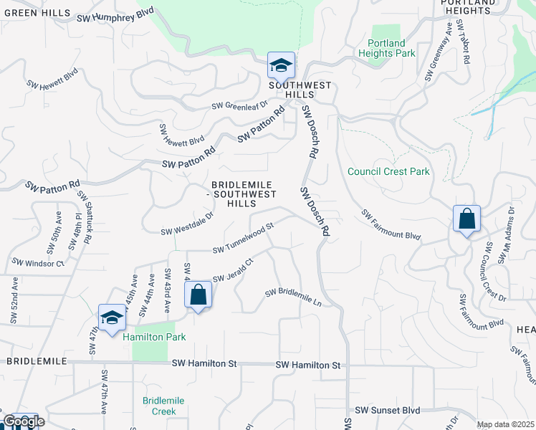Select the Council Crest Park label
pyautogui.click(x=388, y=172)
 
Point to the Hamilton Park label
pyautogui.click(x=154, y=337)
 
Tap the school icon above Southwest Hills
pyautogui.click(x=281, y=66)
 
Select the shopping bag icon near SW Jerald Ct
pyautogui.click(x=198, y=295)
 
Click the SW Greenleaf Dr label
pyautogui.click(x=239, y=106)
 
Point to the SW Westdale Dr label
pyautogui.click(x=188, y=223)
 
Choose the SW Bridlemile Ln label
pyautogui.click(x=293, y=297)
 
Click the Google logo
pyautogui.click(x=23, y=421)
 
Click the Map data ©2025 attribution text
pyautogui.click(x=505, y=424)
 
